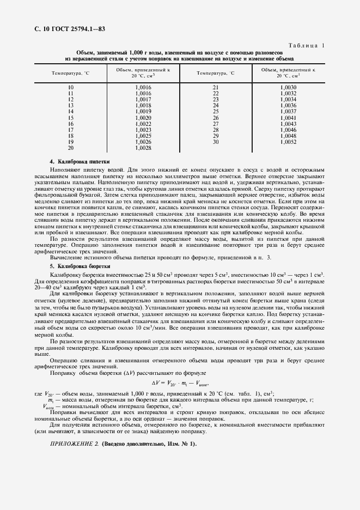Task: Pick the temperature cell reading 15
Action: click(71, 118)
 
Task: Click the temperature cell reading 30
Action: click(216, 142)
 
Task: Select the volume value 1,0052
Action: click(289, 142)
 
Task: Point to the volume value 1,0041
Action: click(289, 118)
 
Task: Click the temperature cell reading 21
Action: click(216, 87)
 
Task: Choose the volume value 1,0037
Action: click(289, 112)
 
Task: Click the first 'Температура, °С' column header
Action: click(71, 72)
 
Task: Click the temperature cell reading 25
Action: click(216, 112)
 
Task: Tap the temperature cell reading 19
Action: click(71, 142)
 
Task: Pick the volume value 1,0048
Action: click(289, 136)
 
